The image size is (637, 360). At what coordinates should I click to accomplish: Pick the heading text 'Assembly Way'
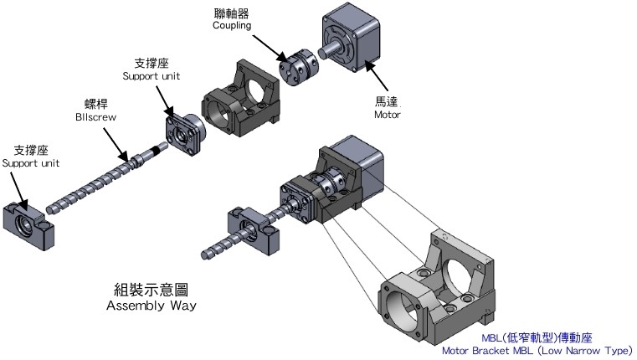pyautogui.click(x=152, y=305)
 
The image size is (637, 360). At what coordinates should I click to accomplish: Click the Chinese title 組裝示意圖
pyautogui.click(x=152, y=290)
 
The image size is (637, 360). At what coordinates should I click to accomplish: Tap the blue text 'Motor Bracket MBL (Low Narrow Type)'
pyautogui.click(x=537, y=350)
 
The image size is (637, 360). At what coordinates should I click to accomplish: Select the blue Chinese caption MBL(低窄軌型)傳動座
pyautogui.click(x=537, y=337)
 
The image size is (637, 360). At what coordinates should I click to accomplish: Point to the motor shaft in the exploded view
pyautogui.click(x=330, y=50)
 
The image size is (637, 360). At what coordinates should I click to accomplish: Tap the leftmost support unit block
pyautogui.click(x=30, y=225)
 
